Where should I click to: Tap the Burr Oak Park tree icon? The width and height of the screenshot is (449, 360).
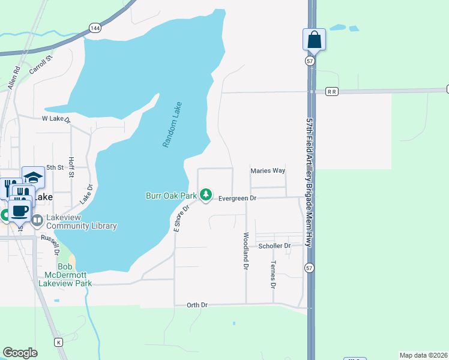coord(206,195)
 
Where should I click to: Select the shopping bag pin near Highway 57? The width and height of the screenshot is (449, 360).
coord(314,40)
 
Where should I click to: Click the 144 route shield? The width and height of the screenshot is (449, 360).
coord(94,28)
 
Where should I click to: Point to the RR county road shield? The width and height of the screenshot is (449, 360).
coord(332,92)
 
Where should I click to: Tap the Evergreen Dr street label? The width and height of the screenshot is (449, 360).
coord(237,198)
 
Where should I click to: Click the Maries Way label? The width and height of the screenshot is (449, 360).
coord(268,171)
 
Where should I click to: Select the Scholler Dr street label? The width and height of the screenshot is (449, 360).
coord(274,246)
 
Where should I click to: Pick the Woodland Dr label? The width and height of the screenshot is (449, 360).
coord(246,251)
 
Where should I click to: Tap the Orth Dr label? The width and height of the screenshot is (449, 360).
coord(197,305)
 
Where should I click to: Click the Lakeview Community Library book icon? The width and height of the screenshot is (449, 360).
coord(37,221)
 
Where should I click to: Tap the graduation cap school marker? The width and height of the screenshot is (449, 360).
coord(34,177)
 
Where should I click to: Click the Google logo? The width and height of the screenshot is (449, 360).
coord(20,353)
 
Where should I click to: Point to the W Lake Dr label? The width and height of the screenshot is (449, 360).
coord(56,119)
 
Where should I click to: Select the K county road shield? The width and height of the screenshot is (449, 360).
coord(59,342)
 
